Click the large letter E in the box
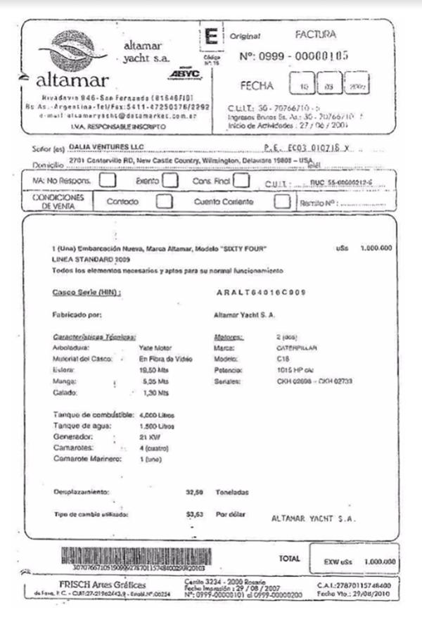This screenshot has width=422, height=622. tap(210, 37)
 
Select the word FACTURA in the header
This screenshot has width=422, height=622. tap(316, 34)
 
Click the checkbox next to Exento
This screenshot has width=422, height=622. tap(170, 180)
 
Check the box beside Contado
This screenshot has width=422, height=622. tap(164, 201)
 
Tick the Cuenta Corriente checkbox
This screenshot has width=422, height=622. tap(282, 201)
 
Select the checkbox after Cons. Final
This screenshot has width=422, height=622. tap(241, 180)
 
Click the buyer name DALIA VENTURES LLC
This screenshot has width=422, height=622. tap(101, 148)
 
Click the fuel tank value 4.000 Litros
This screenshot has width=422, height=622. tap(155, 415)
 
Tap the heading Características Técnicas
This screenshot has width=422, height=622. tap(94, 336)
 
